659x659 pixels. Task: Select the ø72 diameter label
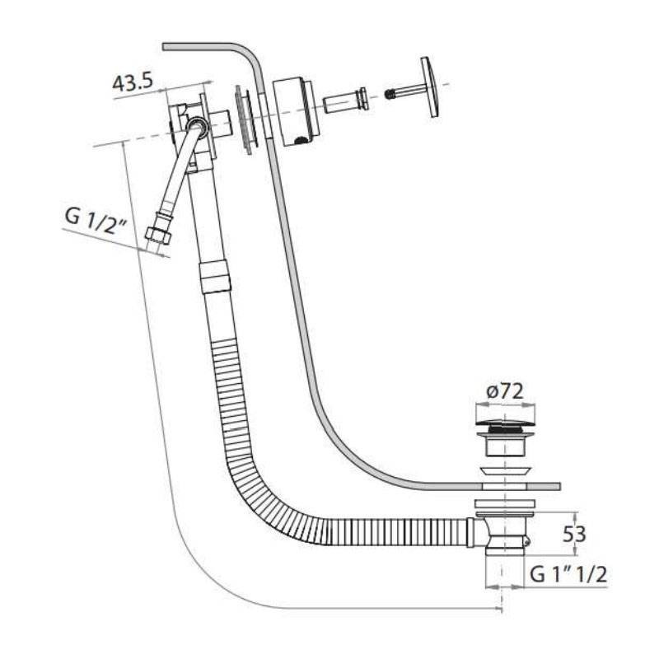tap(505, 391)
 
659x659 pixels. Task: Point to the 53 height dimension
tap(574, 534)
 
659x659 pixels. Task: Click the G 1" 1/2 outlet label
tap(568, 574)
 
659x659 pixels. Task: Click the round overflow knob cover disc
tap(431, 87)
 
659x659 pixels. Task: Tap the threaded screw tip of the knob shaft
tap(390, 94)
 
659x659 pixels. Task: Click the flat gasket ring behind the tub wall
tap(245, 119)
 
